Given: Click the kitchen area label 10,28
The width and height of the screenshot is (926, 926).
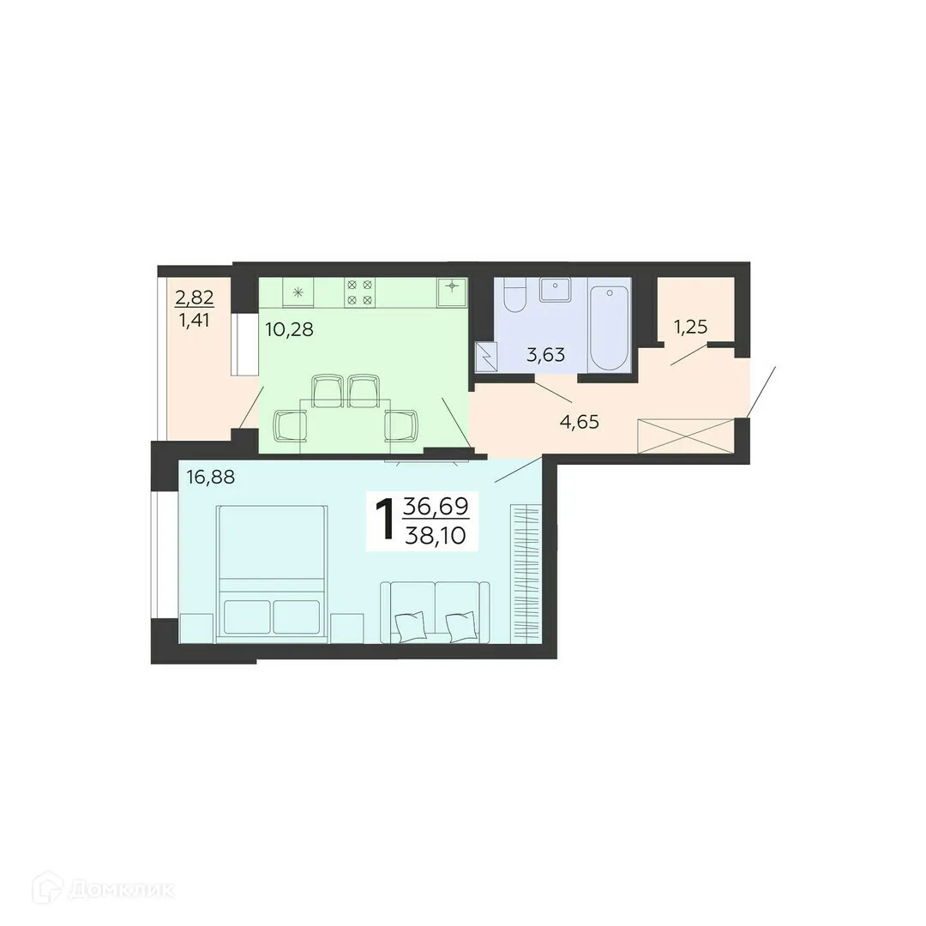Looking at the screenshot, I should (x=289, y=328).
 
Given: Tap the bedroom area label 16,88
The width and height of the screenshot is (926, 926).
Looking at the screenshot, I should (x=211, y=476).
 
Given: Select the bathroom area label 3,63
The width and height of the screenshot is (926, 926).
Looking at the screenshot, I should (x=546, y=354).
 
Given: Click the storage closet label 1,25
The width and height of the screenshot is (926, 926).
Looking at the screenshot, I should (x=692, y=326).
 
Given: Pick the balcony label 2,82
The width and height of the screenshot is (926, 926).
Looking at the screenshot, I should (x=194, y=298).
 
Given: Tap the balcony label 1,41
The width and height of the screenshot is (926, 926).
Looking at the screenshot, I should (x=194, y=322).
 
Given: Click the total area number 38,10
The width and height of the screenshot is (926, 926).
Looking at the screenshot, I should (x=436, y=536).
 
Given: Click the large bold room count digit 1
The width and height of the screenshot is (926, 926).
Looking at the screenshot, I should (x=385, y=519).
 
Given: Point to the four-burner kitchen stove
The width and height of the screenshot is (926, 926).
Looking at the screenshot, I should (x=359, y=292).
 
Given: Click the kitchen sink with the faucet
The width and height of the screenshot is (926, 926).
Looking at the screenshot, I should (x=451, y=292).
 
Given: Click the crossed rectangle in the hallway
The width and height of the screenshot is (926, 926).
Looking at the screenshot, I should (x=686, y=436).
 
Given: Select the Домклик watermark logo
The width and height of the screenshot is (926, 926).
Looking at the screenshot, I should (x=104, y=889).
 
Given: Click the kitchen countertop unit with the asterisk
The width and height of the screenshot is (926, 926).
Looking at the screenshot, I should (x=298, y=292).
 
